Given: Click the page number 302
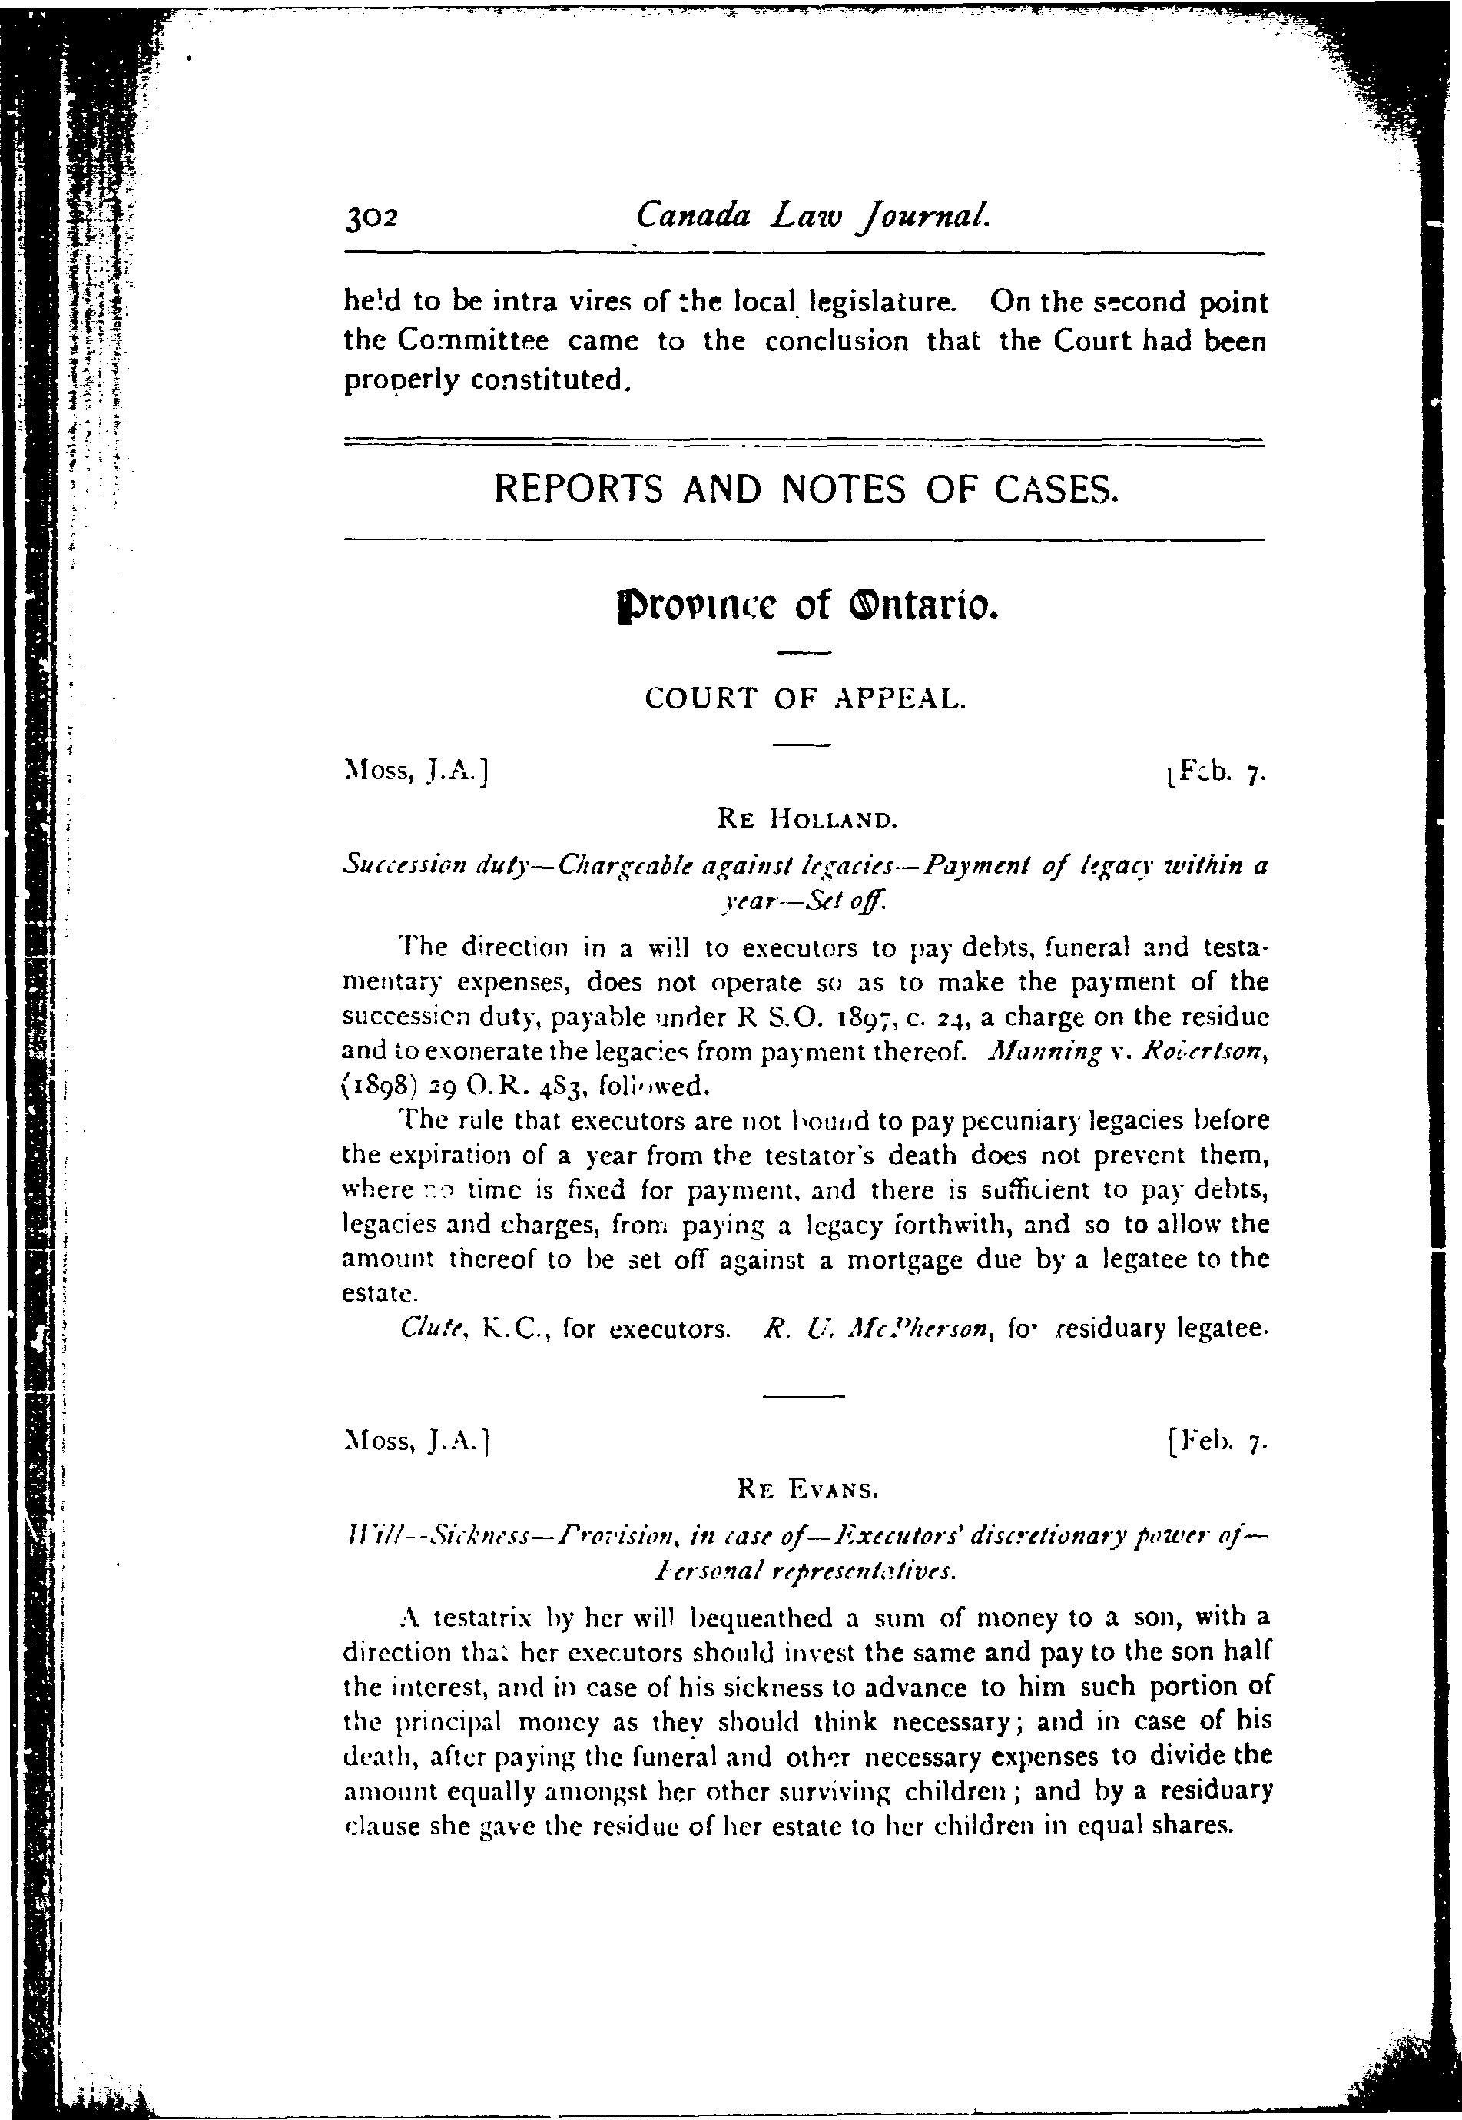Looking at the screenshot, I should tap(370, 218).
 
